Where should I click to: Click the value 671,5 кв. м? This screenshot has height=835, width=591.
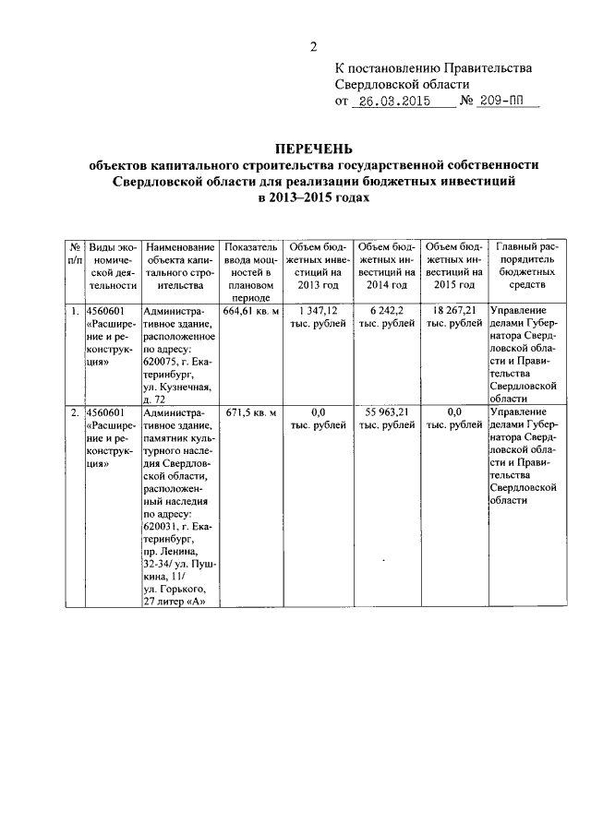(250, 412)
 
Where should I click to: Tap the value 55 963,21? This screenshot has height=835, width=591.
(385, 412)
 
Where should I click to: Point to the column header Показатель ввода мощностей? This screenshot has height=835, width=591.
(250, 273)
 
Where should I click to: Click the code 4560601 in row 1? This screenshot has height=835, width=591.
(104, 312)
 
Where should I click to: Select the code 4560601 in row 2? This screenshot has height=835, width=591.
(104, 412)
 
